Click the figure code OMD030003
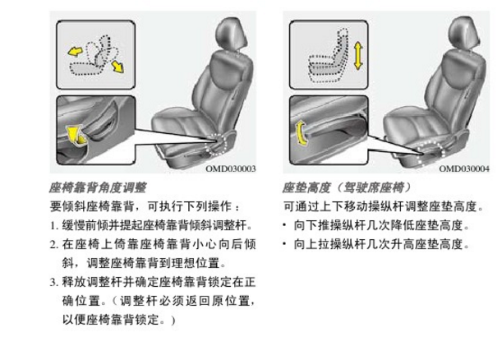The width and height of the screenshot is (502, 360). pyautogui.click(x=231, y=168)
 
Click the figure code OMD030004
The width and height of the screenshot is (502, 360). pyautogui.click(x=464, y=168)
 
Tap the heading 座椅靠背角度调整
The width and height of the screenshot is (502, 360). pyautogui.click(x=98, y=187)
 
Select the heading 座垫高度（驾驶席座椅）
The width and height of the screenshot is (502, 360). pyautogui.click(x=346, y=187)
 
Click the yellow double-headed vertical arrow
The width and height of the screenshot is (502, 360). pyautogui.click(x=358, y=56)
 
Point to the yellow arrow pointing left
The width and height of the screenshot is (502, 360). pyautogui.click(x=75, y=51)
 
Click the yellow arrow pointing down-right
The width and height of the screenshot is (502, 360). pyautogui.click(x=117, y=67)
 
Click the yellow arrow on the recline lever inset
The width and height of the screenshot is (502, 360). pyautogui.click(x=76, y=136)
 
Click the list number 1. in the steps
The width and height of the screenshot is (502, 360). pyautogui.click(x=53, y=226)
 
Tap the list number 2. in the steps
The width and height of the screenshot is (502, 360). pyautogui.click(x=53, y=245)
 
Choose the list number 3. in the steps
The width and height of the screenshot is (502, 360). pyautogui.click(x=53, y=283)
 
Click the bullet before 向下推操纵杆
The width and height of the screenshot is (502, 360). pyautogui.click(x=284, y=225)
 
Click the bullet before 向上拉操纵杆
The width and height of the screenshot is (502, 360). pyautogui.click(x=284, y=244)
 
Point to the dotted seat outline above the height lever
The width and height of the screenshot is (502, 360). pyautogui.click(x=328, y=57)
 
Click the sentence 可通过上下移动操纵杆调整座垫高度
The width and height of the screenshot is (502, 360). pyautogui.click(x=384, y=206)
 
